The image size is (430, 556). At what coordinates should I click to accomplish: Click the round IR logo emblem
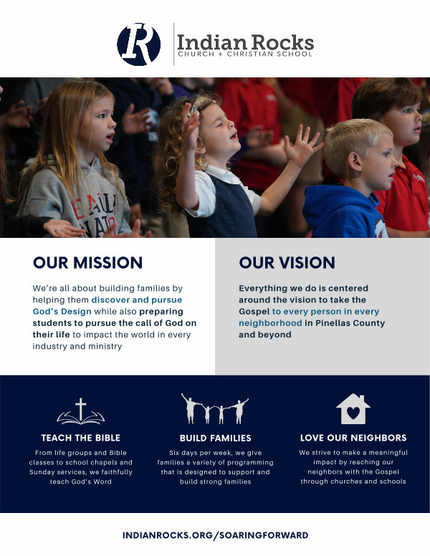coord(139,44)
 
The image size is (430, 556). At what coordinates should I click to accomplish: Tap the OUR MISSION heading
coord(87,263)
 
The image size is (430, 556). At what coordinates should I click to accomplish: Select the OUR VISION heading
coord(287,263)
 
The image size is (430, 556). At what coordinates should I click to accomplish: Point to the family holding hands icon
coord(215,408)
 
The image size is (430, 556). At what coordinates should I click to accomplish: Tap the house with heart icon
coord(353,409)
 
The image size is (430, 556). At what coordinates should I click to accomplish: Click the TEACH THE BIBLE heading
coord(80,438)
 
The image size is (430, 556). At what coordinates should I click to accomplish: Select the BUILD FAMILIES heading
coord(215,438)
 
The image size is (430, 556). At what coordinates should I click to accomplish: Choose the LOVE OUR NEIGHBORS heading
coord(353,438)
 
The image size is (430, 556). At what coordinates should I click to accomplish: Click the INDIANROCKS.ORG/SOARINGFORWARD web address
coord(215,535)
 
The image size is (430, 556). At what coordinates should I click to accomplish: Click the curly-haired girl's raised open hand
coord(302,143)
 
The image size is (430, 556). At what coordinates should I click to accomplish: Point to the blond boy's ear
coord(355,162)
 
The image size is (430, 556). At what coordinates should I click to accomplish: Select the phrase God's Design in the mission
coord(62,312)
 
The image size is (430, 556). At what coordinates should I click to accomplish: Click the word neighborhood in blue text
coord(270,323)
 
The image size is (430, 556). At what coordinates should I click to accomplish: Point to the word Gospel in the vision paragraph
coord(254,312)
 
